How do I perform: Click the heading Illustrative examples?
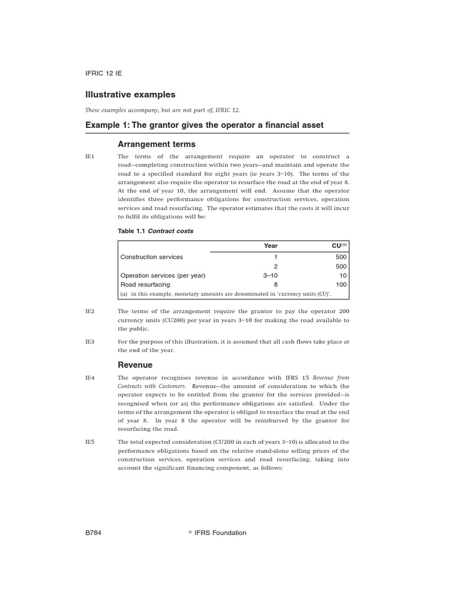tap(130, 95)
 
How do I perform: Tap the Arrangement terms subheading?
tap(157, 144)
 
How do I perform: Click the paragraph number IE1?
tap(90, 156)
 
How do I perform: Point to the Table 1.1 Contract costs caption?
tap(155, 231)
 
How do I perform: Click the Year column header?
tap(270, 246)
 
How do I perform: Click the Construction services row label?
tap(152, 257)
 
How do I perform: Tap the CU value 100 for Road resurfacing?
tap(341, 285)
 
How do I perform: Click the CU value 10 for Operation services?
tap(343, 276)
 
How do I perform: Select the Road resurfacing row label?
tap(145, 285)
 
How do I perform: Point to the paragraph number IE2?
tap(90, 311)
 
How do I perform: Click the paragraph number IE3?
tap(90, 341)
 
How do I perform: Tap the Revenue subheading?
tap(135, 365)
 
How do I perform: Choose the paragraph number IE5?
tap(90, 442)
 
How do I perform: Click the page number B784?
tap(95, 533)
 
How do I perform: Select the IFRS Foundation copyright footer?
tap(217, 533)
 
